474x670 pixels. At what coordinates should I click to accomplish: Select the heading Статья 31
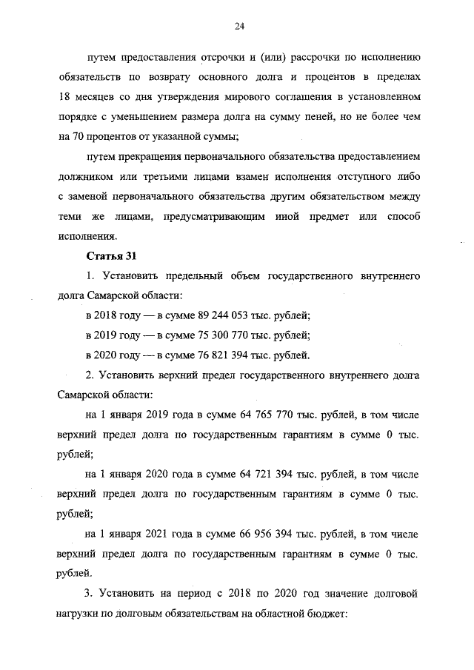pyautogui.click(x=109, y=256)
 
